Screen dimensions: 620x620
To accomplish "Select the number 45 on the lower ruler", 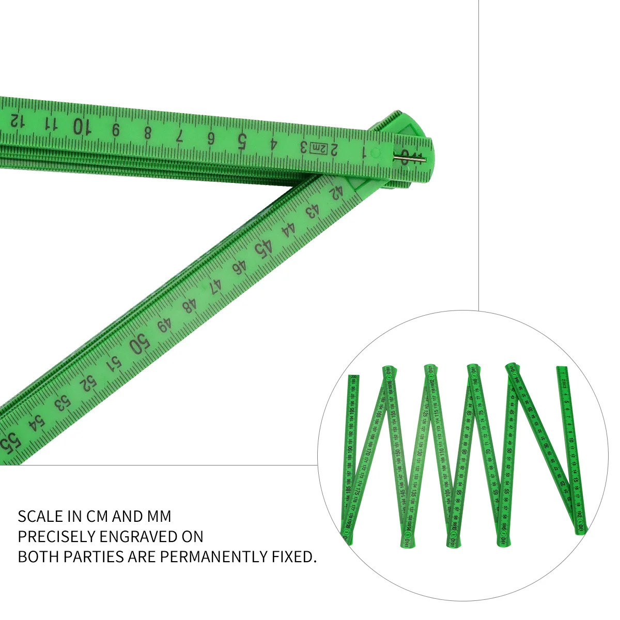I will (x=263, y=249).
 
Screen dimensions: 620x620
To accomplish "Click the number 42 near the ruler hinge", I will (x=336, y=193).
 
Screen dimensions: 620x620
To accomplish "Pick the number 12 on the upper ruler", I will (x=17, y=121).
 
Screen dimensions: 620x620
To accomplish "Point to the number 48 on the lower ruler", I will (x=190, y=306).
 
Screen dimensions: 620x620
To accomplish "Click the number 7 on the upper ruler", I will (x=179, y=136).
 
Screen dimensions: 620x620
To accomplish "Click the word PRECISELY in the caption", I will (x=57, y=536).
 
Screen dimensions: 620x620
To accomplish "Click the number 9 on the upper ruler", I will (x=116, y=130).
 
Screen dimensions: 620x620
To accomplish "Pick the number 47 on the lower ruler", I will (x=214, y=286).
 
